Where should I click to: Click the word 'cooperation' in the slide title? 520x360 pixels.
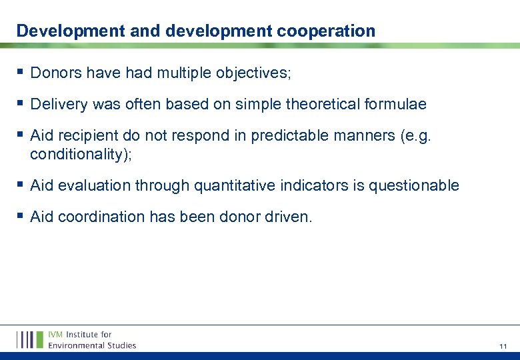coord(324,31)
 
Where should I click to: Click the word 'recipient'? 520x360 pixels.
coord(85,136)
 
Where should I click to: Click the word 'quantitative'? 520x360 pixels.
coord(234,185)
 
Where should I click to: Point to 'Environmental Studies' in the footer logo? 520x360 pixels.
coord(92,345)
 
